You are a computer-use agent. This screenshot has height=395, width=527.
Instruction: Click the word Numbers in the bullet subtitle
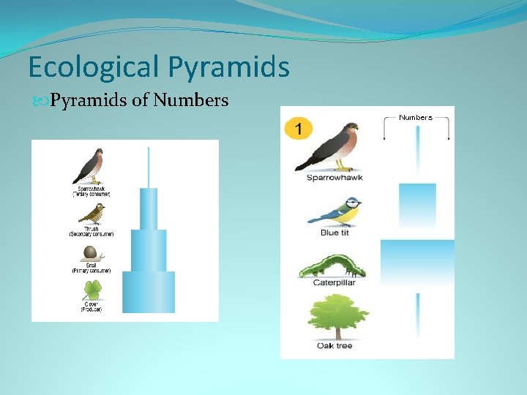192,99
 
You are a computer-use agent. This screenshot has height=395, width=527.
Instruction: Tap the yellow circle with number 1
298,129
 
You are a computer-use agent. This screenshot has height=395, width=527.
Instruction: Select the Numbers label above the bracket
415,117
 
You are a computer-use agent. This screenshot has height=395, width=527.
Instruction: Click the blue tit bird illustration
336,212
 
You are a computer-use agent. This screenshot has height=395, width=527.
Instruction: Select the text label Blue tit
329,233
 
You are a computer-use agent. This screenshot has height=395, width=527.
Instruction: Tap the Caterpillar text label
334,282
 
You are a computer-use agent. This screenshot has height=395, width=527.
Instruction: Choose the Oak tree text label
335,346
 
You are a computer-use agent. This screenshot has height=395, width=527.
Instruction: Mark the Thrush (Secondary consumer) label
91,231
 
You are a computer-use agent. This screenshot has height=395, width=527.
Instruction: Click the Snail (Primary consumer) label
91,268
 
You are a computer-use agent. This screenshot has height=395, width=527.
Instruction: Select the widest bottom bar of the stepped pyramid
149,292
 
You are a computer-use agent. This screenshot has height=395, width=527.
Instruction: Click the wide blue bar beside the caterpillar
417,262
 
